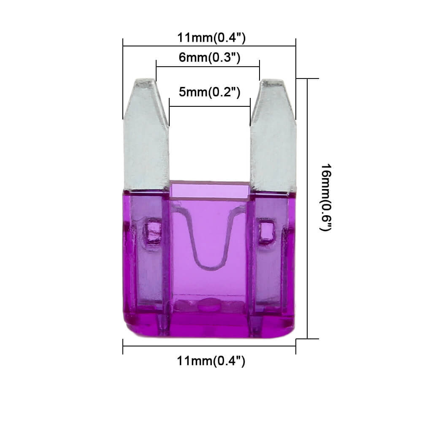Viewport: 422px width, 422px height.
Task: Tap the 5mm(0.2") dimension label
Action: click(x=209, y=92)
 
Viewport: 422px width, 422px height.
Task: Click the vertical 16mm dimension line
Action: click(x=307, y=211)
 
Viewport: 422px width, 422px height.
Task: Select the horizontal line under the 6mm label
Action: click(x=208, y=66)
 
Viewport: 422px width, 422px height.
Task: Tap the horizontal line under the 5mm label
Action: click(x=210, y=106)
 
